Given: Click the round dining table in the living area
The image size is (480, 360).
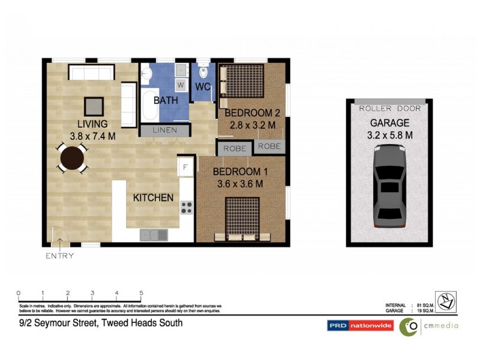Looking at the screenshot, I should click(73, 158).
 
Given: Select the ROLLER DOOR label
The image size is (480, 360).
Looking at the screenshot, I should click(389, 109).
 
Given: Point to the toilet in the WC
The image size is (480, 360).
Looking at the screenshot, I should click(203, 74).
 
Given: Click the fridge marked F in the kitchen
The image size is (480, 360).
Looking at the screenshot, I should click(185, 167).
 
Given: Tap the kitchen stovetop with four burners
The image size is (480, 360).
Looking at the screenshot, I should click(186, 208).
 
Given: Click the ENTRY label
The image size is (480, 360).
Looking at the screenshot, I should click(59, 256).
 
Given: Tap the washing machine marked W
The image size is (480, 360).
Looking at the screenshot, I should click(181, 85).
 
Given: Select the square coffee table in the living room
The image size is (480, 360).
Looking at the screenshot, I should click(93, 106).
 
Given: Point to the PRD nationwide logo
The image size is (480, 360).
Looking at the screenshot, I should click(360, 326).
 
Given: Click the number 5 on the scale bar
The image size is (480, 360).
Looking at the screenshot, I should click(141, 293).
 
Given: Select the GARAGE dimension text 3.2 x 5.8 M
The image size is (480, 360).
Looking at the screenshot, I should click(389, 136).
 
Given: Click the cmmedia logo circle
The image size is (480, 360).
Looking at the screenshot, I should click(410, 326).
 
